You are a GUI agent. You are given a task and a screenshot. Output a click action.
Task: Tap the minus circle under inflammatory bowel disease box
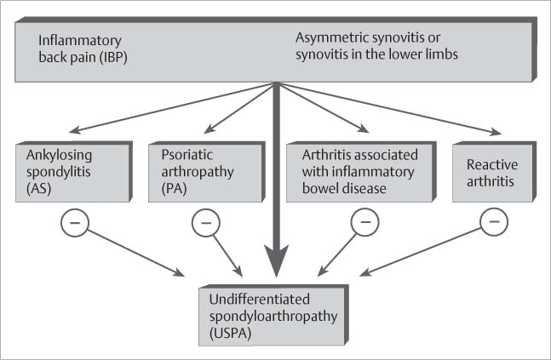pyautogui.click(x=364, y=223)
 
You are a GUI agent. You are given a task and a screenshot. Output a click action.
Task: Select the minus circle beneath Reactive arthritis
pyautogui.click(x=495, y=223)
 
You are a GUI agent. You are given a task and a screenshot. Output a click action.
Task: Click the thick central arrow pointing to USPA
pyautogui.click(x=276, y=187)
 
